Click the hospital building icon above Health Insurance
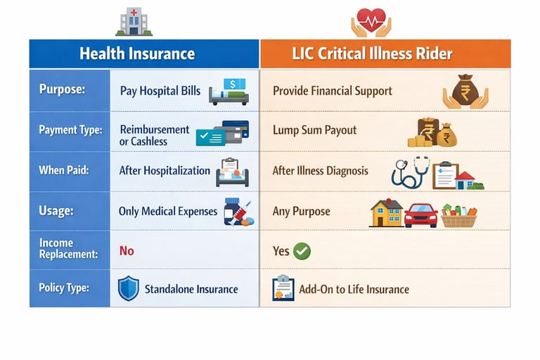point(133,22)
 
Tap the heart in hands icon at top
point(371,21)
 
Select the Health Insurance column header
point(137,53)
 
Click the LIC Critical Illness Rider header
point(385,53)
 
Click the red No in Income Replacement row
point(127,250)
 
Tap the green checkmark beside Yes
point(302,251)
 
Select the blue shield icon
point(128,288)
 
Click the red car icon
point(421,214)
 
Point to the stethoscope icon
point(410,172)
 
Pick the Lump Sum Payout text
point(314,130)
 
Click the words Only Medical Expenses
point(168,211)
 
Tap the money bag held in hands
point(465,92)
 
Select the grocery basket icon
point(458,214)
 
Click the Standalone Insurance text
point(191,289)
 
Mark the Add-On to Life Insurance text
point(354,289)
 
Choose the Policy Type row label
point(65,289)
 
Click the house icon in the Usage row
point(386,213)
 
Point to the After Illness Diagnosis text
point(320,171)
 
